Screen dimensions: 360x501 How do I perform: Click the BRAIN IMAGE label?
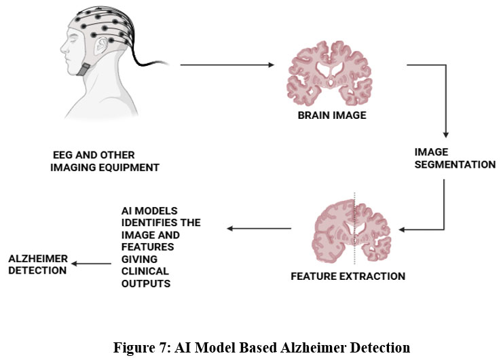tap(332, 115)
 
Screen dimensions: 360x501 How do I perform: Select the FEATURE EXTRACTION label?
tap(348, 276)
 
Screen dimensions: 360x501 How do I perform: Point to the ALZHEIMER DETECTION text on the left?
tap(37, 264)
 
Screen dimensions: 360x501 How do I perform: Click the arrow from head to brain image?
tap(227, 66)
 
